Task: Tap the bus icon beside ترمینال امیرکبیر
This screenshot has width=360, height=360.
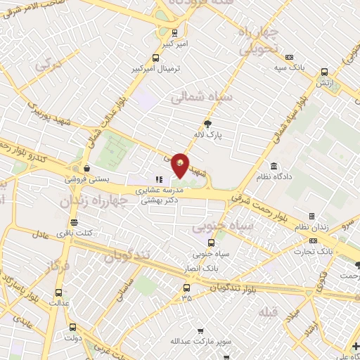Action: click(155, 58)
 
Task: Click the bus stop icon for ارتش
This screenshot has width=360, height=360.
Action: click(324, 72)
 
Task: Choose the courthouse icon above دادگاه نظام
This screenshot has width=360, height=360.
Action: click(273, 167)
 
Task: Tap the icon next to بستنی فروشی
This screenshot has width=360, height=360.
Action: click(86, 169)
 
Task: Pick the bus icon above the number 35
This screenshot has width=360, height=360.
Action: click(186, 288)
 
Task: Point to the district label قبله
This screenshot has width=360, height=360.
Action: click(269, 312)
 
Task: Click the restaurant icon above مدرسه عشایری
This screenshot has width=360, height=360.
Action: click(159, 180)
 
